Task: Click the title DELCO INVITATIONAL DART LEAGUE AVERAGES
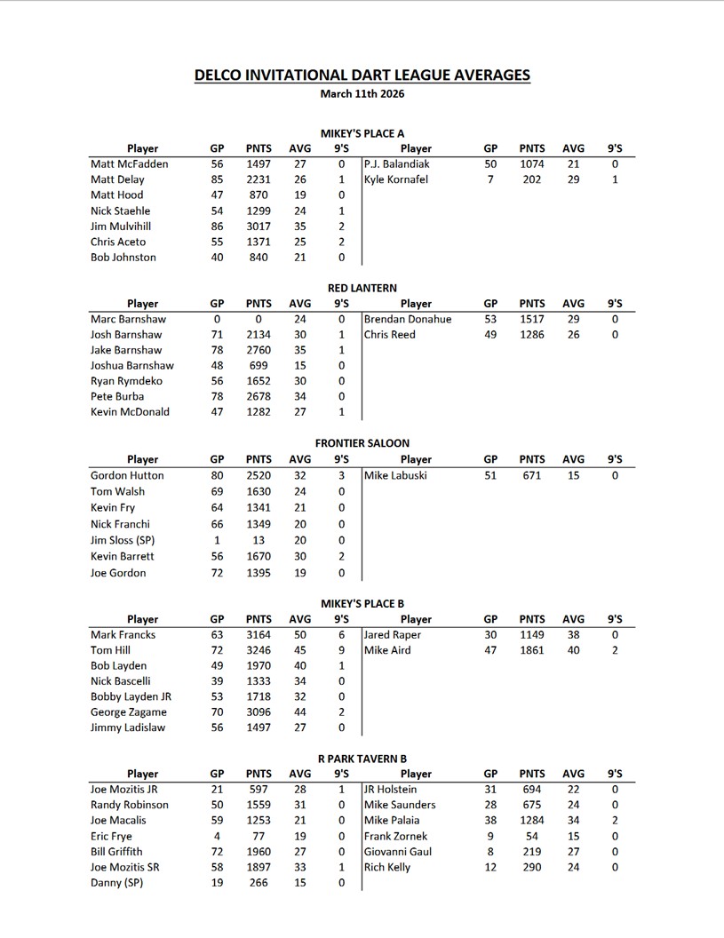[x=362, y=75]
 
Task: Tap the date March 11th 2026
[x=362, y=92]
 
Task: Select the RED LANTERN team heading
[x=362, y=288]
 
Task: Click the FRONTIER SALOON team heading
[x=362, y=443]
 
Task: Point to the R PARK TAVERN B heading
[x=362, y=759]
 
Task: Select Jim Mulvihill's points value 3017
[x=259, y=227]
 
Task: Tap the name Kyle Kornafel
[x=395, y=179]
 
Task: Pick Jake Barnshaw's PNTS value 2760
[x=259, y=350]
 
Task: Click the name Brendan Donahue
[x=407, y=319]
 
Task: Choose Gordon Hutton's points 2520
[x=259, y=475]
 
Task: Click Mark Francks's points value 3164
[x=259, y=635]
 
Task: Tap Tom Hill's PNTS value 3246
[x=259, y=650]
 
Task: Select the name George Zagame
[x=128, y=712]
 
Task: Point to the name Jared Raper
[x=393, y=635]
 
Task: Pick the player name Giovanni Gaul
[x=398, y=852]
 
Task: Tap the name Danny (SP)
[x=116, y=883]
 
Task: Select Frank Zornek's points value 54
[x=531, y=836]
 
